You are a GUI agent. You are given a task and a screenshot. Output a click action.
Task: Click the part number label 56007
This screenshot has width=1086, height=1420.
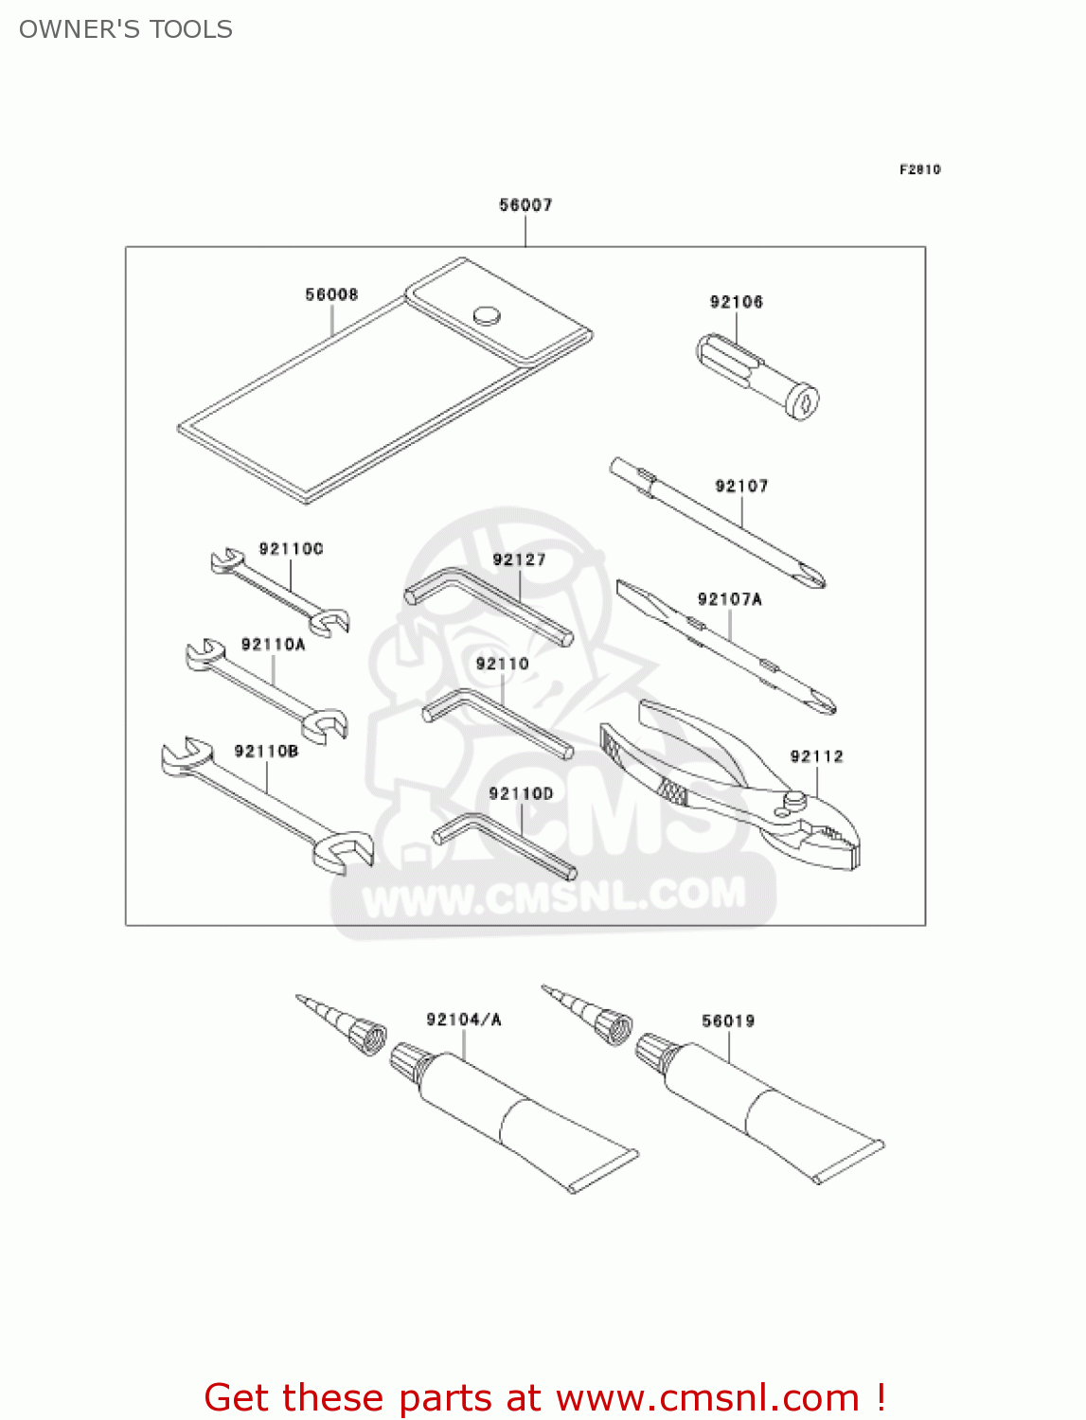tap(525, 204)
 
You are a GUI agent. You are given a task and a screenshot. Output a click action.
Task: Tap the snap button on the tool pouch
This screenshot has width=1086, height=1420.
tap(487, 314)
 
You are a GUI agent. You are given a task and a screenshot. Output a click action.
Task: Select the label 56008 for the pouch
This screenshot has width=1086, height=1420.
tap(331, 294)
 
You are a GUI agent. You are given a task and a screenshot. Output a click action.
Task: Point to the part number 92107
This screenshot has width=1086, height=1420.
tap(741, 486)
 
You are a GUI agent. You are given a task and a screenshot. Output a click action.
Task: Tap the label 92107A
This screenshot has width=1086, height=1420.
tap(729, 599)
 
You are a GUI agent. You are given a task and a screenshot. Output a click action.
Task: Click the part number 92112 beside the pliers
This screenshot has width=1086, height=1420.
tap(816, 756)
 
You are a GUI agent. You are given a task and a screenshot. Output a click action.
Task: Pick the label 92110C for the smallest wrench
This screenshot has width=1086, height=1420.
tap(291, 549)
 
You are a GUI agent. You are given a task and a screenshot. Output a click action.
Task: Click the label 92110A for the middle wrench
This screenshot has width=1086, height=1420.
tap(273, 645)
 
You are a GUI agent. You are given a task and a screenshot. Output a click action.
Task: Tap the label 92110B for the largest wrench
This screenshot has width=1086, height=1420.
tap(266, 752)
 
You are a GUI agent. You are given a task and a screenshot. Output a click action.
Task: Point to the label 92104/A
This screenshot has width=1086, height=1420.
tap(464, 1020)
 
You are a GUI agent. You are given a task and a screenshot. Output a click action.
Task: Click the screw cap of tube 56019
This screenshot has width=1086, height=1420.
tap(654, 1053)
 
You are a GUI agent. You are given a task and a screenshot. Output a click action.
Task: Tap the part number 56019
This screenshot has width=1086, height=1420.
tap(728, 1021)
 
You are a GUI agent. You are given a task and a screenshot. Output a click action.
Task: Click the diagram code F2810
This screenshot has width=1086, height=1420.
tap(919, 169)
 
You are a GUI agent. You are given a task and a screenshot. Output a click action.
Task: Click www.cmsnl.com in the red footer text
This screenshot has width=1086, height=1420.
tap(707, 1397)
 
